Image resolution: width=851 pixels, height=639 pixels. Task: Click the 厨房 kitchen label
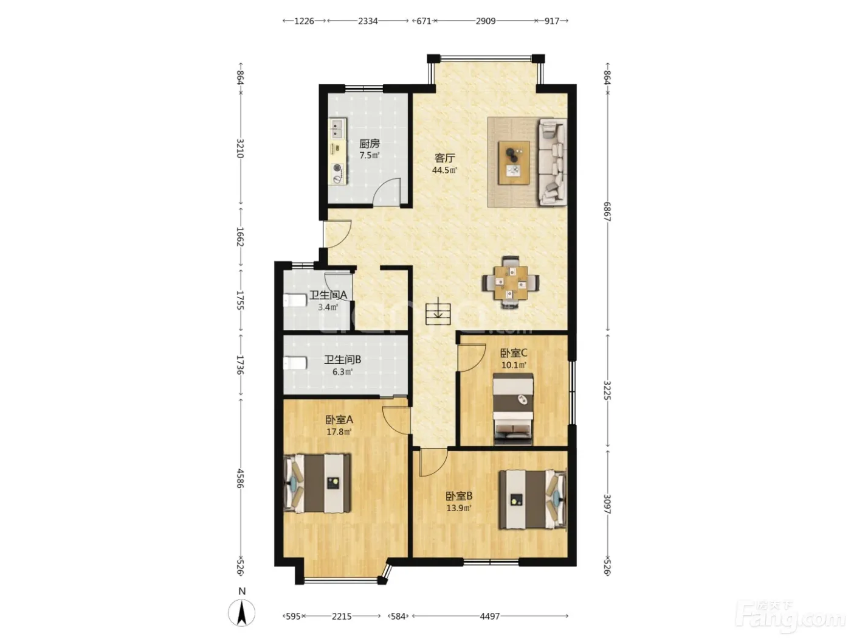[369, 144]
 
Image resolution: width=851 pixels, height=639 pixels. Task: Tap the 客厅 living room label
[445, 158]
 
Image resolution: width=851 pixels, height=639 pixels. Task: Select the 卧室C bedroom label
[514, 353]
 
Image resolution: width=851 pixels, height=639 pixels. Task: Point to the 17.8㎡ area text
[339, 432]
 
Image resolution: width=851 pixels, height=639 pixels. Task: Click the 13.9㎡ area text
[459, 508]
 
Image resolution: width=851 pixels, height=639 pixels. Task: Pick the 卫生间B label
[343, 360]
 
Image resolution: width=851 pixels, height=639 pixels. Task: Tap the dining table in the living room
[511, 283]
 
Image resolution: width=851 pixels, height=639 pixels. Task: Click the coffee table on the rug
[514, 162]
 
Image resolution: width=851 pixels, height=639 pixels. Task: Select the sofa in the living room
[552, 162]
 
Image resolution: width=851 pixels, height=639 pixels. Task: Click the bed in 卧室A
[317, 483]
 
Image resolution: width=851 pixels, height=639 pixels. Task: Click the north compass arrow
[241, 613]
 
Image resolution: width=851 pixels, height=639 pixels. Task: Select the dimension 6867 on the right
[607, 212]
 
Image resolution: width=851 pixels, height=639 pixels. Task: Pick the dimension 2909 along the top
[486, 21]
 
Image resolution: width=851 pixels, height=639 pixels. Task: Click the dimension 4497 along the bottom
[490, 616]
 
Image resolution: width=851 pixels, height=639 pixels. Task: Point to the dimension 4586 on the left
[240, 478]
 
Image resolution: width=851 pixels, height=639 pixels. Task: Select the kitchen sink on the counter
[65, 129]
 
